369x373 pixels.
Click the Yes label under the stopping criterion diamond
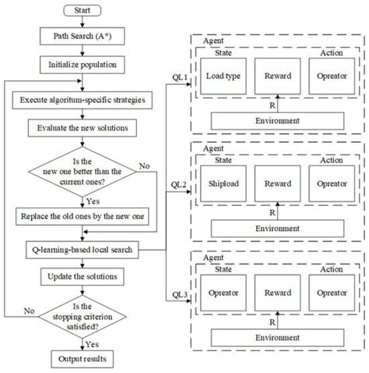tap(91, 344)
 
